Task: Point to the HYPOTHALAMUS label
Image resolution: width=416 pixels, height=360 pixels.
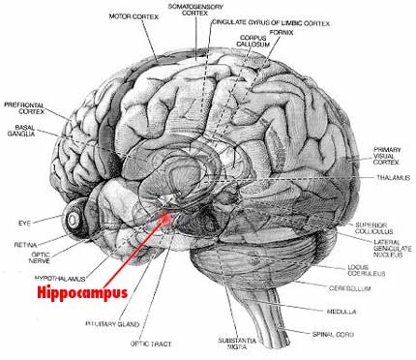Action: coord(41,276)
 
